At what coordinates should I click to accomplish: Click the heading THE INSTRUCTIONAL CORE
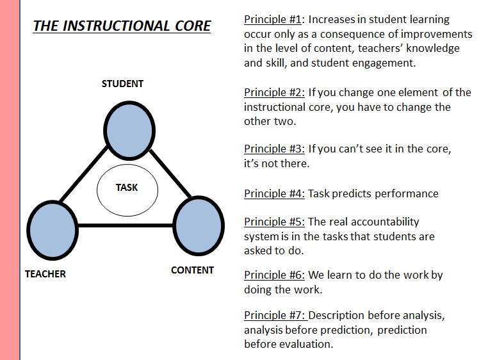(122, 26)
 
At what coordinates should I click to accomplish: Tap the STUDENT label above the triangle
(122, 84)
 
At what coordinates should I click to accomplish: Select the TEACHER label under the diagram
(45, 274)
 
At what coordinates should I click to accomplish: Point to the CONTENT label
(192, 270)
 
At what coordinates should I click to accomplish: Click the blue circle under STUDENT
(129, 129)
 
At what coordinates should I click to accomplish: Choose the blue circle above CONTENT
(199, 225)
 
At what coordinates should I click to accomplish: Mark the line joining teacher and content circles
(126, 225)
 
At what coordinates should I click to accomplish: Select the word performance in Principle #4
(408, 193)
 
